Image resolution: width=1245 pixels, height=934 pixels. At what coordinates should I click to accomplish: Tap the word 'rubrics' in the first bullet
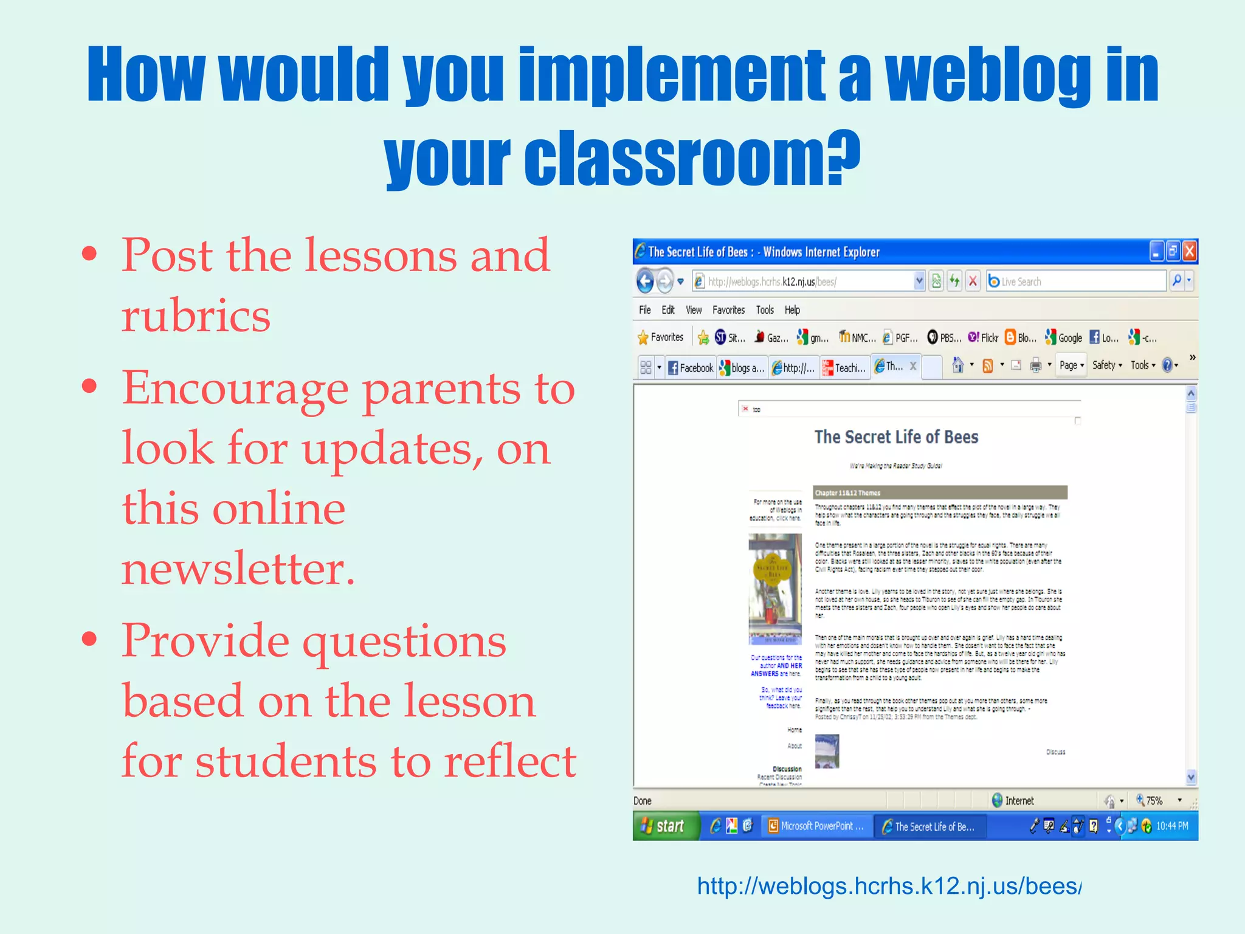point(196,316)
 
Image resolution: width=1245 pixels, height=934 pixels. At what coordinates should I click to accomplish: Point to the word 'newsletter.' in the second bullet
point(238,569)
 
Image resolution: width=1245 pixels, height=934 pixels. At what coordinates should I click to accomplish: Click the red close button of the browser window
point(1190,251)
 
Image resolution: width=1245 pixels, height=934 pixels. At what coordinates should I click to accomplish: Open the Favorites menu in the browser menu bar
point(728,310)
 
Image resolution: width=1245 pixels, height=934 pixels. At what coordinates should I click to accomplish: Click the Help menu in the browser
point(792,310)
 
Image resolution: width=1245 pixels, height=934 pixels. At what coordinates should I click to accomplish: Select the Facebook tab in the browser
point(691,368)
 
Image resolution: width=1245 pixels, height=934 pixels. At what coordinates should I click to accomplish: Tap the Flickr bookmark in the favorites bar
point(983,337)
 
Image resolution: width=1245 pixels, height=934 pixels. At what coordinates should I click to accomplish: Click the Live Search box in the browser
point(1076,282)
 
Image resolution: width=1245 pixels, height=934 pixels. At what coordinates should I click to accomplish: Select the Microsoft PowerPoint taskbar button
point(816,826)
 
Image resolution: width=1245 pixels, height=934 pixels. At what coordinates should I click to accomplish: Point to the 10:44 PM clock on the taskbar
point(1171,826)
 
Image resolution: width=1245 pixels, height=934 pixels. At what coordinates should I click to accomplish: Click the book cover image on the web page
point(775,589)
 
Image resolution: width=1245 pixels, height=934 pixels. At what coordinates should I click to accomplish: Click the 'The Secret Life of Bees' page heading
point(896,437)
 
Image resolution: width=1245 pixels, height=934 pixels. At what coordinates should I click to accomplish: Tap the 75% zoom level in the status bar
point(1154,801)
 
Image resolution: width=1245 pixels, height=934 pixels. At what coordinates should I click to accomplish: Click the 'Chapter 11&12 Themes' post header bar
point(940,493)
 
